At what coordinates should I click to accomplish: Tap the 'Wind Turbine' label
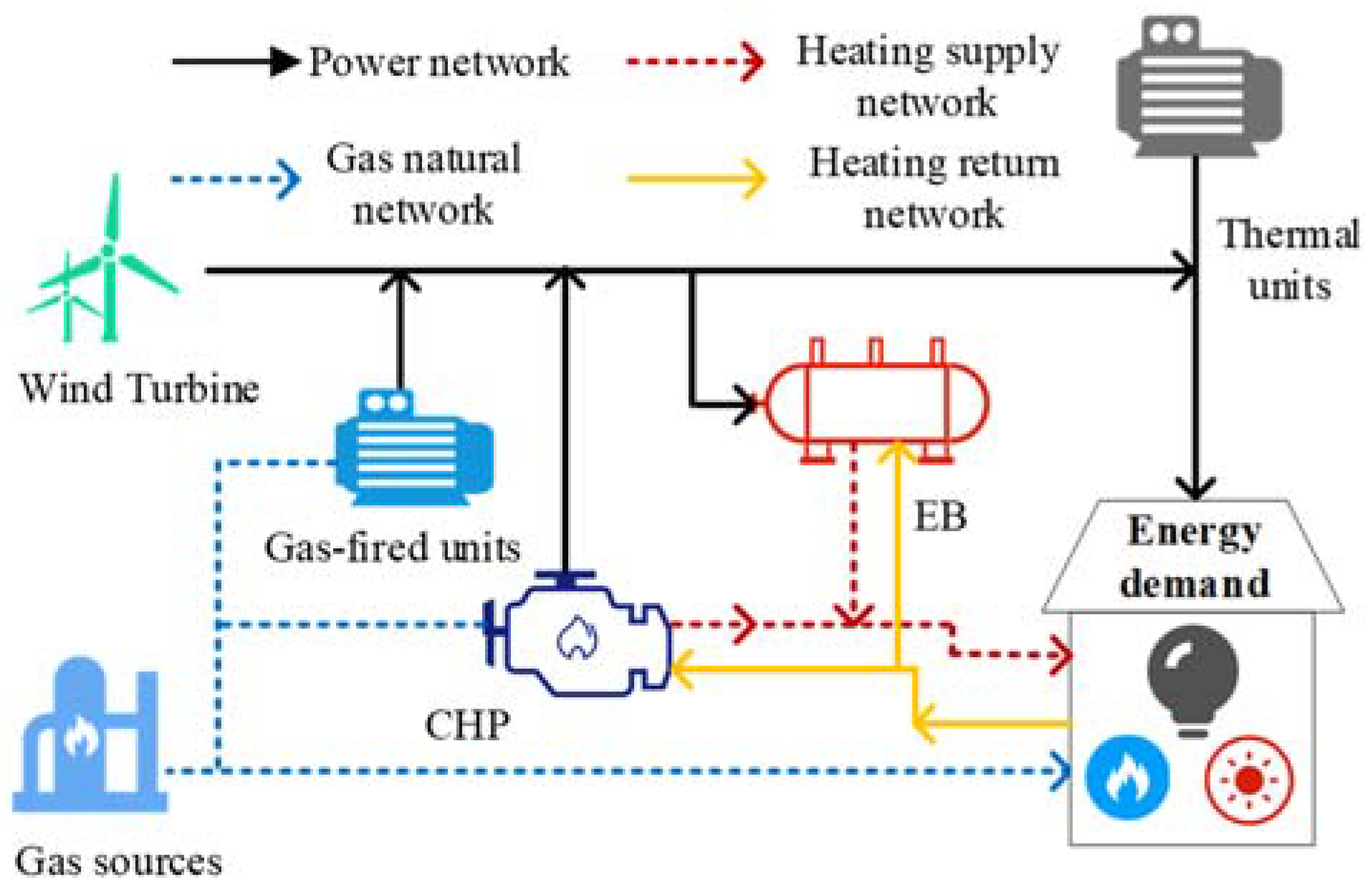139,388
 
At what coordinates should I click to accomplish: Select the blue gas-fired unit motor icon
414,448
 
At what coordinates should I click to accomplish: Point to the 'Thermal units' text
1289,259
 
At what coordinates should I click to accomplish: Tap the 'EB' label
940,516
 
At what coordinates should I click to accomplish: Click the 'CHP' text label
467,725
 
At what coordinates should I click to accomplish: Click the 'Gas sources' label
118,861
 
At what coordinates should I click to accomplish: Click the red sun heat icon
1249,779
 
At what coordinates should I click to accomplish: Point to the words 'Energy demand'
1194,556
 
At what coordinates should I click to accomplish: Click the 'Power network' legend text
438,62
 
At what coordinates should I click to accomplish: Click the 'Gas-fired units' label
392,548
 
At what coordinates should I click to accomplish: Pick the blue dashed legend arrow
235,178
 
